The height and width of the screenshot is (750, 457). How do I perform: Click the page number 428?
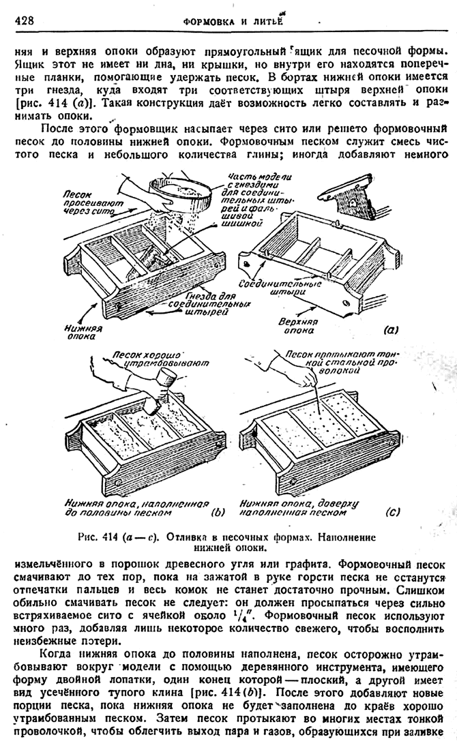(x=24, y=21)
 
